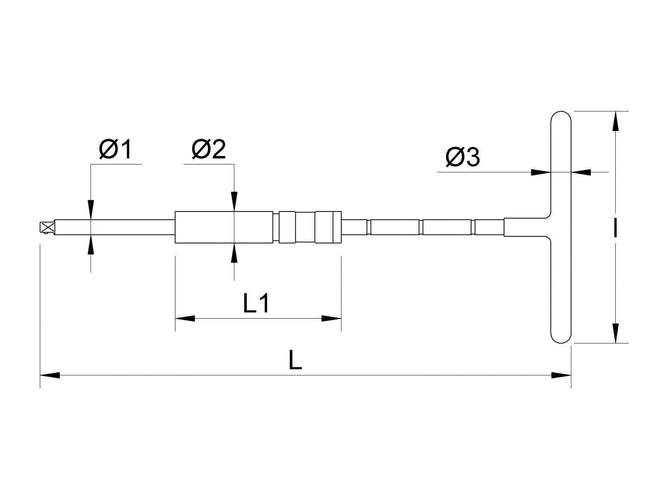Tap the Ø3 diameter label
click(x=462, y=157)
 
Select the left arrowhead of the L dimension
click(x=50, y=375)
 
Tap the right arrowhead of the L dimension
click(x=561, y=375)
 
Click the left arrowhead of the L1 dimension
click(x=185, y=318)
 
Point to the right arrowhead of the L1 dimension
click(x=331, y=318)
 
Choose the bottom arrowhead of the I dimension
click(x=615, y=333)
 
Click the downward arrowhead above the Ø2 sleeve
click(x=234, y=202)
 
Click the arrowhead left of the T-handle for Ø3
click(x=541, y=172)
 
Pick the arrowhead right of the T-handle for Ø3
click(x=581, y=172)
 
